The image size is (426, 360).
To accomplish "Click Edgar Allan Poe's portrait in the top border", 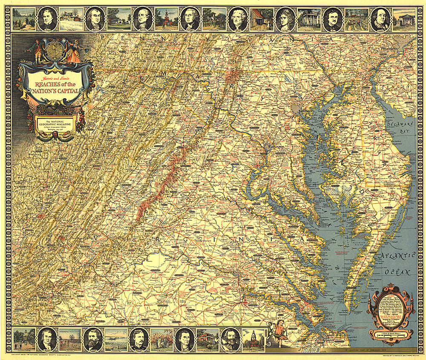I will [x=332, y=19].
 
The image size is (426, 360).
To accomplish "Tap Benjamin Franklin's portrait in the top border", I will [x=380, y=19].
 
